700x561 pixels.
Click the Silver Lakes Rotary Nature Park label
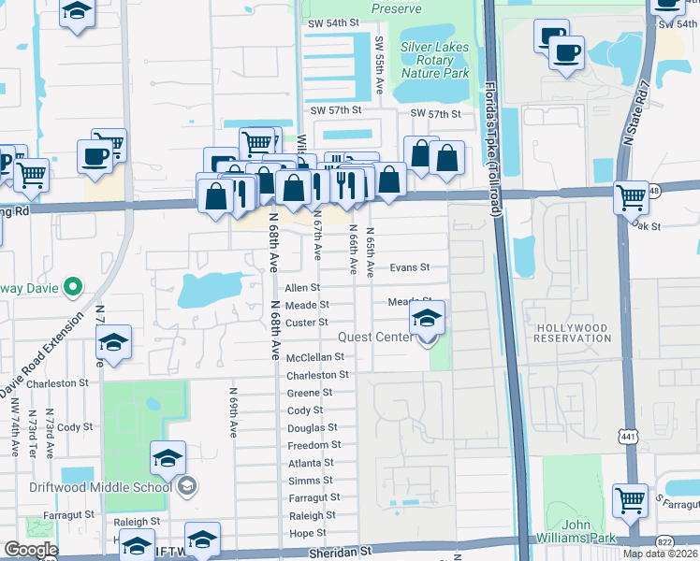(x=434, y=60)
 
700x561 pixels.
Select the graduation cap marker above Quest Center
(x=428, y=320)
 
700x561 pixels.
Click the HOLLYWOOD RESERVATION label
(x=572, y=334)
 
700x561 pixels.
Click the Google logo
(x=30, y=550)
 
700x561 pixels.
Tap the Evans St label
(x=409, y=267)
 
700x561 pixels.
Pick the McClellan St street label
(x=315, y=357)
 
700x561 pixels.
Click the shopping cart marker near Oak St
(x=632, y=197)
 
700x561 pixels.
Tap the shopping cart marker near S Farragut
(x=630, y=500)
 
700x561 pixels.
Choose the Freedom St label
(x=314, y=446)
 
